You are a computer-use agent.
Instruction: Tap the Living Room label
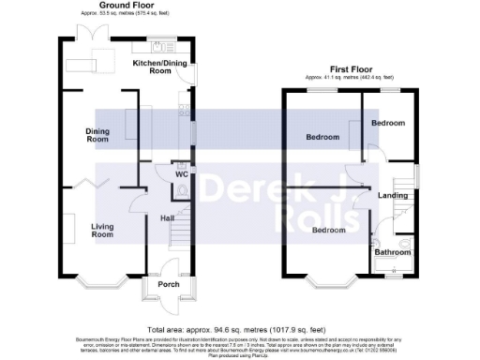[102, 230]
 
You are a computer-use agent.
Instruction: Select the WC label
[181, 174]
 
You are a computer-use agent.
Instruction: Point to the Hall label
[168, 218]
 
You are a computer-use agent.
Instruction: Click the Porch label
[169, 284]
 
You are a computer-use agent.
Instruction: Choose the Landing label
[392, 195]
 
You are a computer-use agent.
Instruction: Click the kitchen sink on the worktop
[158, 46]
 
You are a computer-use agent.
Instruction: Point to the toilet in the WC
[181, 189]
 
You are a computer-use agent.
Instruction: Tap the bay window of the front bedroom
[328, 279]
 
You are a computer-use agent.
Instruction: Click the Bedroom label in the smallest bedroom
[387, 124]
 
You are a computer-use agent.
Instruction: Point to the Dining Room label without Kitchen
[98, 135]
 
